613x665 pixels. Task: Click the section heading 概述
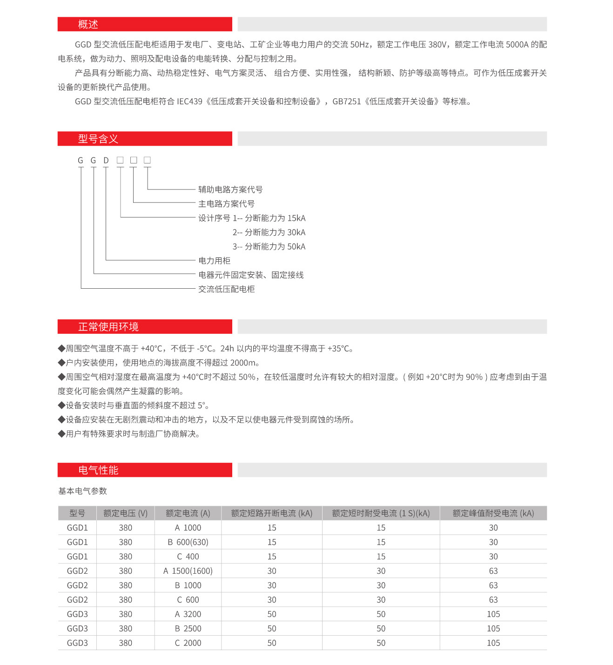pos(88,24)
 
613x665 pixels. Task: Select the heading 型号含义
pos(98,139)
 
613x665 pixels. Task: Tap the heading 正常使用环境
pos(108,327)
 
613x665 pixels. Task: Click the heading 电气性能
pos(98,470)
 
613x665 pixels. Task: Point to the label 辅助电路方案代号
pos(230,190)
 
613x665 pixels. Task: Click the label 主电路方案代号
pos(226,204)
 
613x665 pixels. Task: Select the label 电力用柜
pos(214,261)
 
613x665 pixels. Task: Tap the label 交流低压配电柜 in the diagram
pos(226,289)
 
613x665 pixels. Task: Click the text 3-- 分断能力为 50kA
pos(269,247)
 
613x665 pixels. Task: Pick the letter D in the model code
pos(106,161)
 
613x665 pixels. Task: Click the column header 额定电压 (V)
pos(125,513)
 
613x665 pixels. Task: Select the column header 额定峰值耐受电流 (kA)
pos(493,513)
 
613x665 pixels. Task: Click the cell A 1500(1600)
pos(188,571)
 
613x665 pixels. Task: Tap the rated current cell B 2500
pos(188,629)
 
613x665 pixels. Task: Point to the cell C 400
pos(188,556)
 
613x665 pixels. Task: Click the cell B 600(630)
pos(188,542)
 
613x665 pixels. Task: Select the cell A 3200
pos(188,614)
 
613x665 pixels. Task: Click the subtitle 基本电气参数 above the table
pos(82,491)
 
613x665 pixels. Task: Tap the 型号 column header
pos(77,513)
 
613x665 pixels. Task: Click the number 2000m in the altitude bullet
pos(243,363)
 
